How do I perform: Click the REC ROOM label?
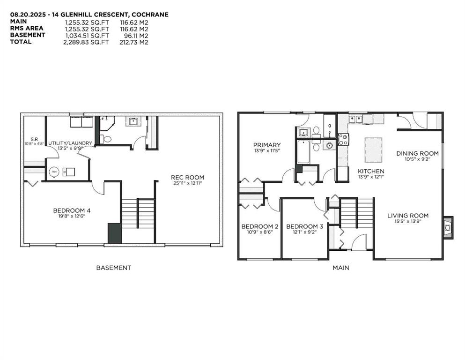[x=187, y=178]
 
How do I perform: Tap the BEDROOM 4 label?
[x=72, y=210]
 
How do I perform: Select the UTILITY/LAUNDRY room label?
[x=70, y=143]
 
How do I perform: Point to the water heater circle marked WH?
[x=54, y=172]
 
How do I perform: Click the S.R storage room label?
[x=34, y=139]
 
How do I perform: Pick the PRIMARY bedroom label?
[x=267, y=145]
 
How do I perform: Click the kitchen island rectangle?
[x=373, y=150]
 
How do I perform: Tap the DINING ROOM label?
[x=417, y=153]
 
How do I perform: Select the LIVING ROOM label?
[x=408, y=216]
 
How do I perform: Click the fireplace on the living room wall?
[x=448, y=227]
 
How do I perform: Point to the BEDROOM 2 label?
[x=260, y=226]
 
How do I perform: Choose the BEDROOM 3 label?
[x=304, y=226]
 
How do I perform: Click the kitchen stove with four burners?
[x=344, y=140]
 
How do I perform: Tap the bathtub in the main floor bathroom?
[x=303, y=152]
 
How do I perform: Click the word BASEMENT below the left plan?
[x=114, y=268]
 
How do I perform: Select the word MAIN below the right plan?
[x=341, y=268]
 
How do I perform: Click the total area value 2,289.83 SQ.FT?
[x=86, y=42]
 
